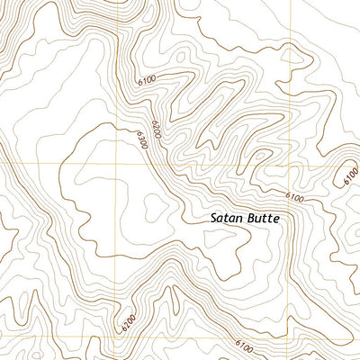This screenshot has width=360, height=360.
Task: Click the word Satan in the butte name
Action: [227, 218]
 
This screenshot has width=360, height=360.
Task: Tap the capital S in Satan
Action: [214, 218]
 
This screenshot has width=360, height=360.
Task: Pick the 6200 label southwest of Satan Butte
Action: [129, 318]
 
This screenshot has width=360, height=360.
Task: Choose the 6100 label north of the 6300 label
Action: [147, 82]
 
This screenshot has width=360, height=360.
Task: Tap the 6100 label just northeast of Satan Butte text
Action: [293, 197]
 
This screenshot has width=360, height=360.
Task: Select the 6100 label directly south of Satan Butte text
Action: [245, 345]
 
